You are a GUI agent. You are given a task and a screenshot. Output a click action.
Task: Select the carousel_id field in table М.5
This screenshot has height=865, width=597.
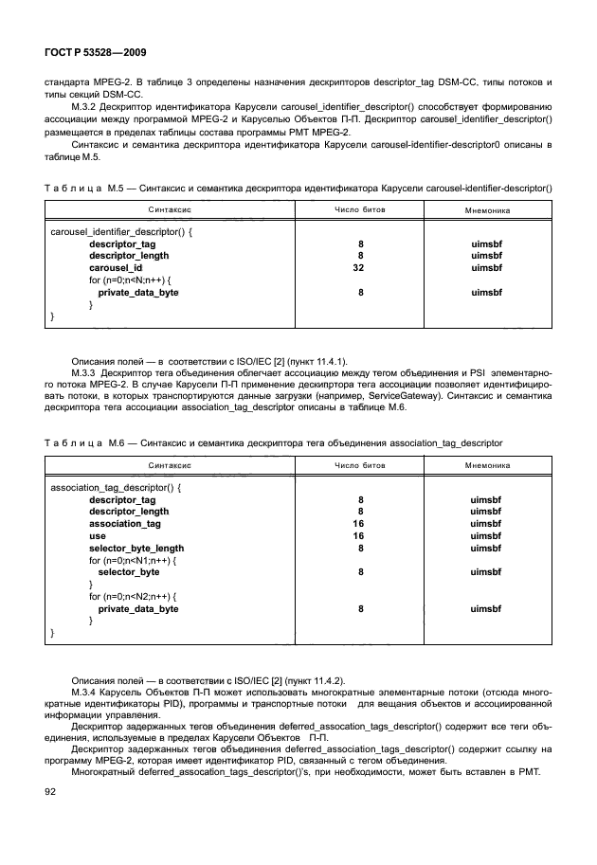(x=116, y=268)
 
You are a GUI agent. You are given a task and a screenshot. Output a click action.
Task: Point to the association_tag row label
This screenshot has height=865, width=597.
(x=125, y=524)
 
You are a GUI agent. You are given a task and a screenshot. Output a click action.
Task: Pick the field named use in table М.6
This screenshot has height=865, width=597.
(x=97, y=536)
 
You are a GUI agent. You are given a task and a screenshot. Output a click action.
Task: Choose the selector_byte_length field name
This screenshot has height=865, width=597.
(x=136, y=549)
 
